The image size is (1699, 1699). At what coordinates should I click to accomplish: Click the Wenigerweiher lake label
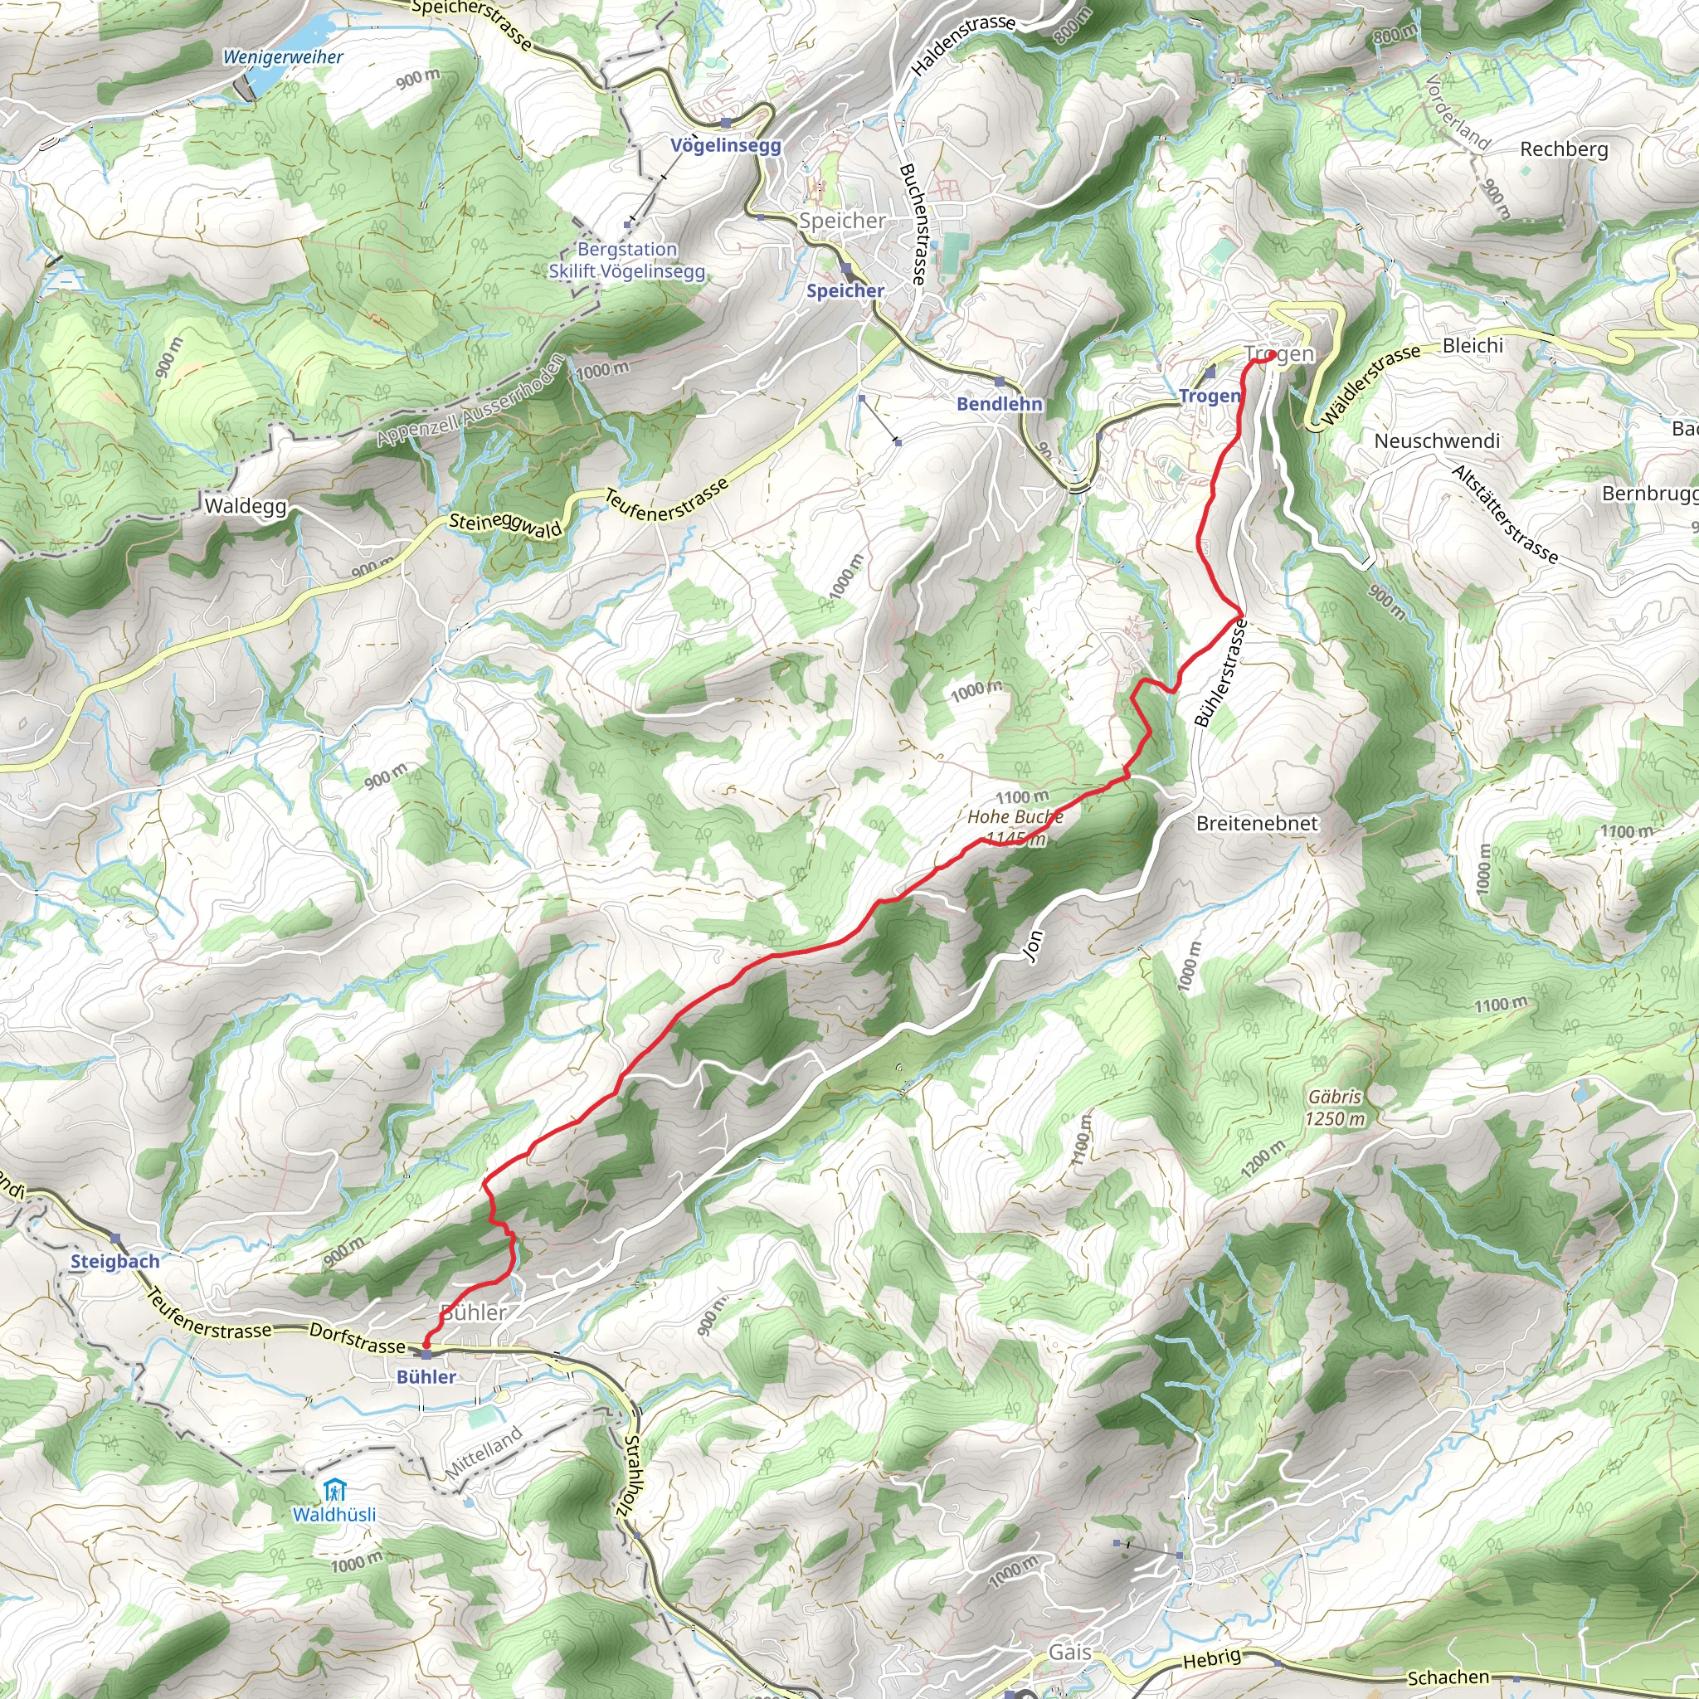tap(282, 57)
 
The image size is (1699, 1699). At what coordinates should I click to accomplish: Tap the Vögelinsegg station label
tap(726, 145)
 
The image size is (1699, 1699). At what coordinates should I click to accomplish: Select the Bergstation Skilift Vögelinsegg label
tap(627, 260)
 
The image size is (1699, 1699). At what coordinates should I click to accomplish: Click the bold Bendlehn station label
tap(999, 404)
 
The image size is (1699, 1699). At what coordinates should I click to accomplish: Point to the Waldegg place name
tap(246, 506)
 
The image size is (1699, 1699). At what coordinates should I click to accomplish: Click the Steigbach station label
tap(115, 1261)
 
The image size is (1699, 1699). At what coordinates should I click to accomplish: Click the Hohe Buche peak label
tap(1015, 817)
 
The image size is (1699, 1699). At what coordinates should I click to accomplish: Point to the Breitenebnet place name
tap(1257, 823)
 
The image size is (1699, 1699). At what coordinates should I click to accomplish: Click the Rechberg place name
tap(1564, 149)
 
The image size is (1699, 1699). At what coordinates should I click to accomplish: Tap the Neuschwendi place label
tap(1437, 441)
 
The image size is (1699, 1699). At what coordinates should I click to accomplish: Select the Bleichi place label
tap(1473, 346)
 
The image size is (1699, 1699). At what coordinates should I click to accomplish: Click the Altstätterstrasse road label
tap(1505, 514)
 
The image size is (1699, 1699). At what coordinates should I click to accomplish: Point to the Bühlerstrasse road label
tap(1220, 673)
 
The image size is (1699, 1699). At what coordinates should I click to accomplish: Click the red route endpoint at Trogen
tap(1272, 355)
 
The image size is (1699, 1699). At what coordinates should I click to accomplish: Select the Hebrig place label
tap(1212, 1659)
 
